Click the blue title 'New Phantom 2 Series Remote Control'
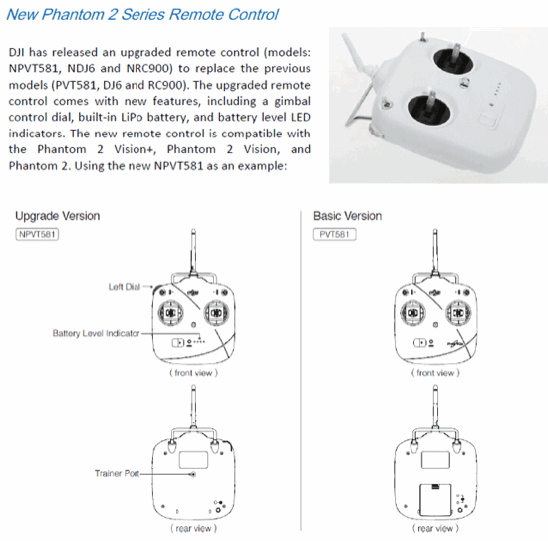pyautogui.click(x=142, y=15)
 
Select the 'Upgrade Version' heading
pyautogui.click(x=58, y=216)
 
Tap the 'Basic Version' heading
pyautogui.click(x=347, y=216)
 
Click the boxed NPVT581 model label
pyautogui.click(x=37, y=234)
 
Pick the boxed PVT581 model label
pyautogui.click(x=335, y=234)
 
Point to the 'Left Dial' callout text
pyautogui.click(x=125, y=287)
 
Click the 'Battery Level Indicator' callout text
pyautogui.click(x=96, y=333)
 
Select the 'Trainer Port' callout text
pyautogui.click(x=117, y=473)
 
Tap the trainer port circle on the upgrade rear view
pyautogui.click(x=193, y=474)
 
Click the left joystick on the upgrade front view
pyautogui.click(x=171, y=312)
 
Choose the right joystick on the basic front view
pyautogui.click(x=458, y=312)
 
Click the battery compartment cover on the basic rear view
pyautogui.click(x=435, y=500)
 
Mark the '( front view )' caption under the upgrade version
pyautogui.click(x=193, y=373)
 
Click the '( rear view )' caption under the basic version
pyautogui.click(x=435, y=528)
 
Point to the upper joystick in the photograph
pyautogui.click(x=453, y=61)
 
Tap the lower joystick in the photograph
pyautogui.click(x=429, y=108)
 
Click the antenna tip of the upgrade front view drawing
pyautogui.click(x=193, y=231)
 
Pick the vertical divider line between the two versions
pyautogui.click(x=301, y=371)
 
